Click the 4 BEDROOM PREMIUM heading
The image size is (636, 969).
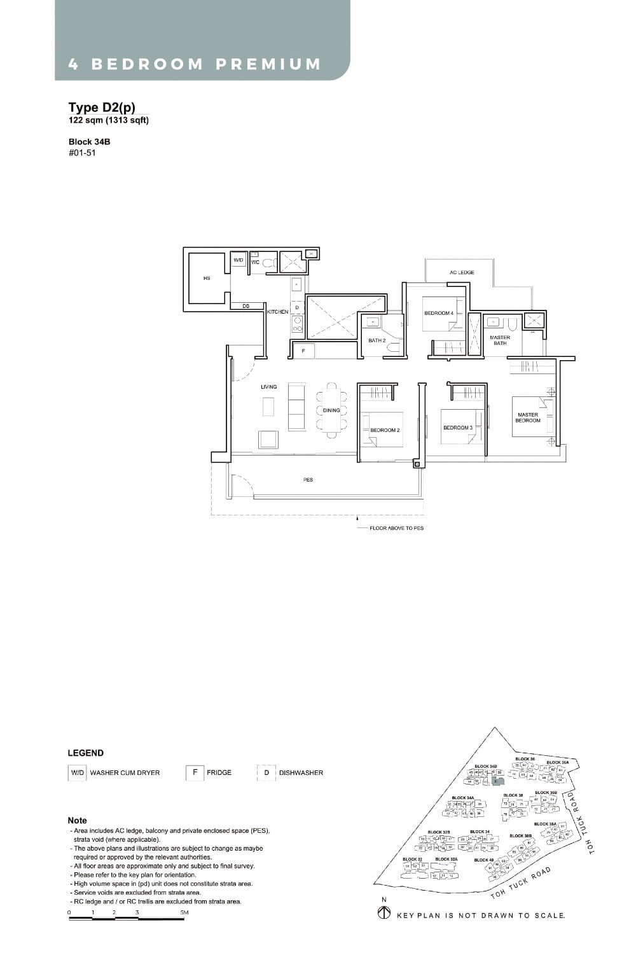coord(195,64)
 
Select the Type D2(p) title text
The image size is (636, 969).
coord(102,108)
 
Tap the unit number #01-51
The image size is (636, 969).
coord(82,153)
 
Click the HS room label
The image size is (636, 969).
coord(207,278)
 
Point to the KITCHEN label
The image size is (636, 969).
coord(278,312)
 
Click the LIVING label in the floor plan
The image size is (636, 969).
coord(268,387)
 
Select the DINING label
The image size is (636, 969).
coord(331,410)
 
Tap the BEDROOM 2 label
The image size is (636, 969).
coord(385,431)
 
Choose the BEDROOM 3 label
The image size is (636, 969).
coord(458,428)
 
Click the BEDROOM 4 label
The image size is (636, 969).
coord(439,313)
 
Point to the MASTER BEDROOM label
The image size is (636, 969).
coord(528,417)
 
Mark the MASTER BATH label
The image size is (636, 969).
coord(500,340)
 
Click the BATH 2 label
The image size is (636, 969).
coord(377,340)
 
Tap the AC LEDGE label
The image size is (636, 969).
coord(462,272)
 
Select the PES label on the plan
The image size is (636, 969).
coord(308,480)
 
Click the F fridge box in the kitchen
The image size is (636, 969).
coord(303,351)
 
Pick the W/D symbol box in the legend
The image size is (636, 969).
coord(77,773)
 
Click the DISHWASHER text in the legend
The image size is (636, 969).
coord(301,773)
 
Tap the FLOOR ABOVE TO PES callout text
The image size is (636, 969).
coord(396,528)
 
